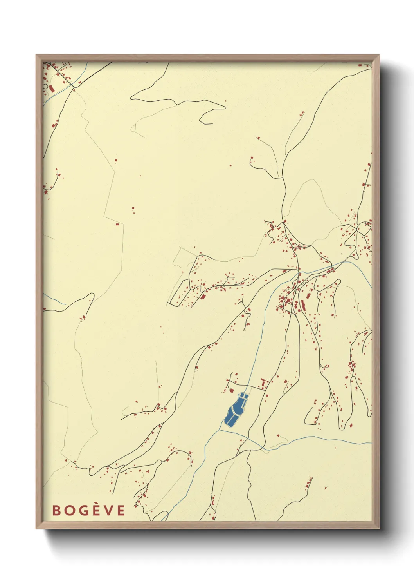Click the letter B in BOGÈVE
tap(56, 510)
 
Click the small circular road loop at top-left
tap(46, 87)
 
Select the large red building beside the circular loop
tap(52, 89)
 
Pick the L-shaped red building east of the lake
tap(263, 382)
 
